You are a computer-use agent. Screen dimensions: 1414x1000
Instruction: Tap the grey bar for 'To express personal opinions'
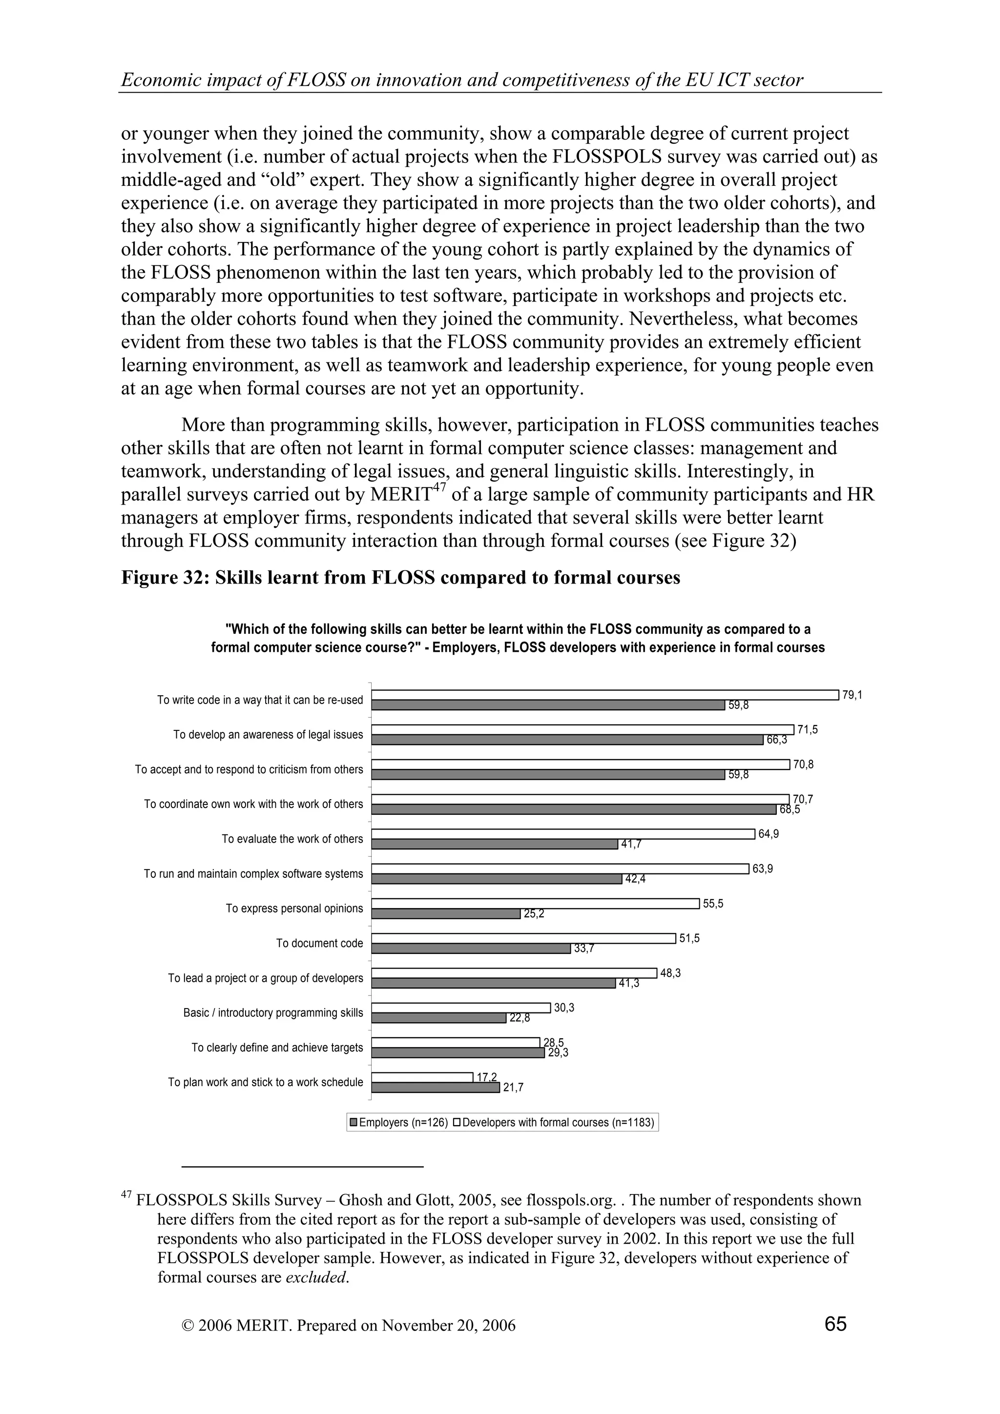coord(446,914)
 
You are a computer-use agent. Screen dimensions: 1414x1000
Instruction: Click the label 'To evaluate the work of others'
coord(292,839)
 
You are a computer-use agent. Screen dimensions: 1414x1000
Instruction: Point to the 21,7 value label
coord(513,1088)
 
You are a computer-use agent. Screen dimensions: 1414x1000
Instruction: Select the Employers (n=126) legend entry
coord(398,1123)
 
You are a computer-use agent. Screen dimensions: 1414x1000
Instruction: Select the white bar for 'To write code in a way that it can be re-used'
coord(605,695)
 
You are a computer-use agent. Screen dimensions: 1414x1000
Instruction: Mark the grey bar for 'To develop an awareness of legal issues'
coord(567,740)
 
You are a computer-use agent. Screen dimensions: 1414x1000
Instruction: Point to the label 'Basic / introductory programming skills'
coord(273,1013)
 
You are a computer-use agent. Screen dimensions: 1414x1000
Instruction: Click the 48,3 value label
coord(670,974)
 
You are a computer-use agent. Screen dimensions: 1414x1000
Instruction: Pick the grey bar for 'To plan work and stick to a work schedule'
coord(435,1088)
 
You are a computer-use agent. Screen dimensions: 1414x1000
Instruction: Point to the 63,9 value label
coord(763,869)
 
